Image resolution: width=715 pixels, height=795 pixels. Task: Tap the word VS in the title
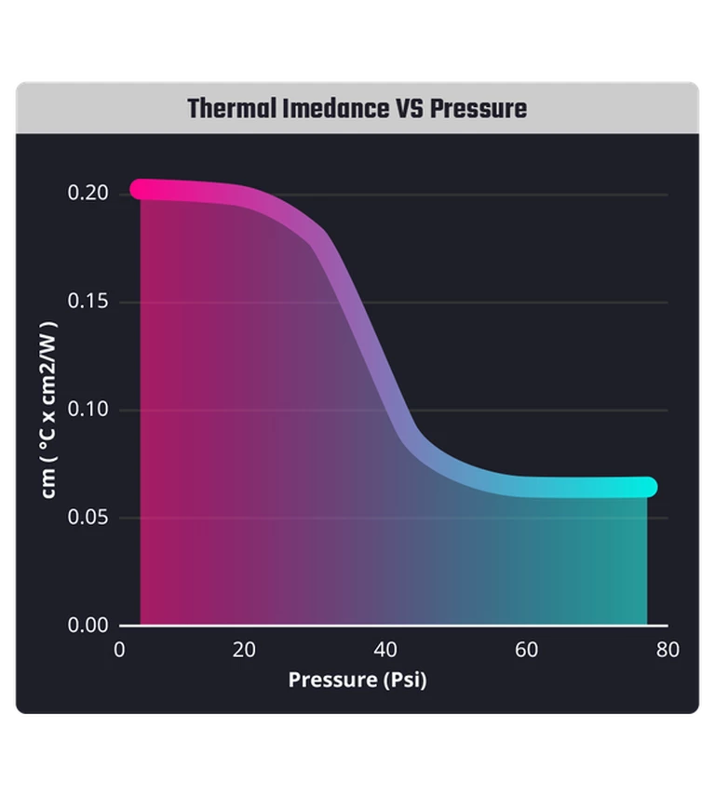point(407,109)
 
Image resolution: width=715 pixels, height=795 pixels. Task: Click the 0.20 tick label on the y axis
point(89,194)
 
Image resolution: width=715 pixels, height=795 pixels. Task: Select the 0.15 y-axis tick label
point(89,302)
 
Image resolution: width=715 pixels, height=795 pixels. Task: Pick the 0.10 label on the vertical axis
point(89,410)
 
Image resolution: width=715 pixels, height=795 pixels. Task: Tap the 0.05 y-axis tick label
point(89,518)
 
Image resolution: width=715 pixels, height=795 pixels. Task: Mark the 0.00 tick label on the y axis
point(89,625)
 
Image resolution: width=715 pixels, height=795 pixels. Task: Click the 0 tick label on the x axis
point(119,650)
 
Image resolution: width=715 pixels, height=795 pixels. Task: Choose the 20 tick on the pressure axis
point(244,650)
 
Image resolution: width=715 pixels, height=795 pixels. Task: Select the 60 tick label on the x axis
point(527,650)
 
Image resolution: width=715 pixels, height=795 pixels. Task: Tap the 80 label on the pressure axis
point(668,650)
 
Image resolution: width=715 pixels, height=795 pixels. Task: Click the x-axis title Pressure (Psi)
point(357,680)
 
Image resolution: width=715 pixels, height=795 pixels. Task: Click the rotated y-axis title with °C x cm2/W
point(48,410)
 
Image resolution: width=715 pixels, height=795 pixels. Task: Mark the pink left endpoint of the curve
point(140,189)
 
